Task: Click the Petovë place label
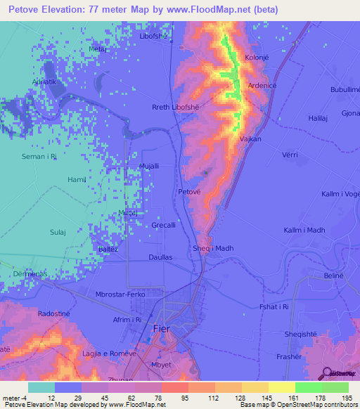click(190, 191)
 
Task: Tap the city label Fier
click(161, 328)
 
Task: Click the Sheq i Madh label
click(212, 248)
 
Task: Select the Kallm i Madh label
click(304, 231)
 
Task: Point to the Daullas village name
click(160, 257)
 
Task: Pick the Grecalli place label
click(165, 225)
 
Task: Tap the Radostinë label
click(54, 313)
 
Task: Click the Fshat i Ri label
click(274, 306)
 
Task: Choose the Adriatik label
click(39, 82)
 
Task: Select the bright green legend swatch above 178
click(309, 387)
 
